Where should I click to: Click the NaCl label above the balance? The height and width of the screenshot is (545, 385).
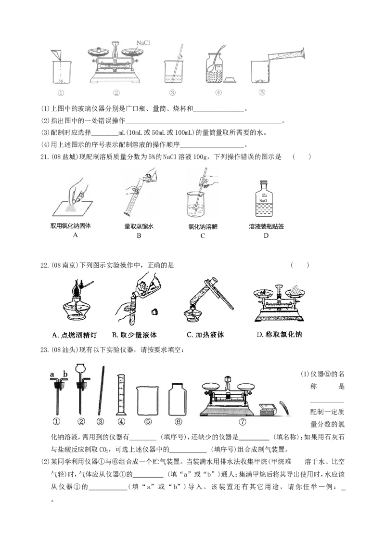(x=143, y=42)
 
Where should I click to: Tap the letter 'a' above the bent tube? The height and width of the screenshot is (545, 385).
(x=52, y=374)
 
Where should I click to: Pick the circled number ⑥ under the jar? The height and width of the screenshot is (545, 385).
(x=178, y=422)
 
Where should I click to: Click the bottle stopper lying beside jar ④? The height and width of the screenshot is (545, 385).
(x=230, y=78)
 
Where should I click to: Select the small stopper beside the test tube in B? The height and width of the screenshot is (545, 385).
(x=155, y=311)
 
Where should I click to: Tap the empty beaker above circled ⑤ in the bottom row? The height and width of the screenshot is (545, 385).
(x=148, y=400)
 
